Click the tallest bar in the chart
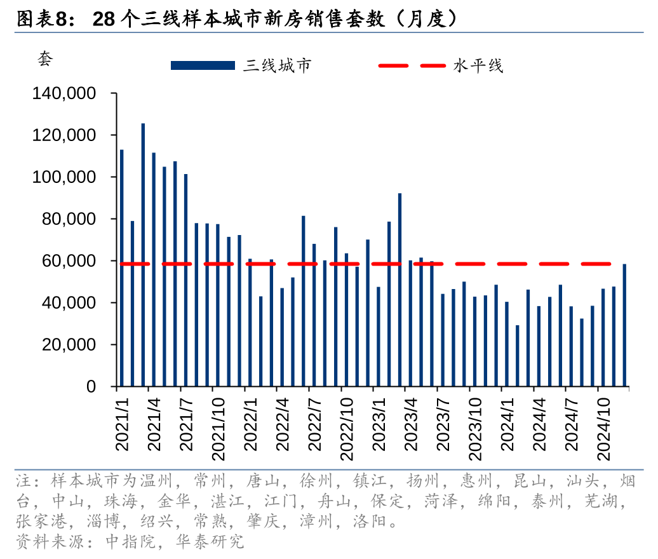click(x=143, y=254)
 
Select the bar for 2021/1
click(x=122, y=267)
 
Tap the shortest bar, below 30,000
click(x=517, y=356)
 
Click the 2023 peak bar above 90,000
click(x=399, y=290)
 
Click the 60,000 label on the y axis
click(x=70, y=261)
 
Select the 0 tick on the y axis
click(x=91, y=387)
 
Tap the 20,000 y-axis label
click(x=70, y=345)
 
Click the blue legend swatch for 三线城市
click(x=203, y=65)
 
